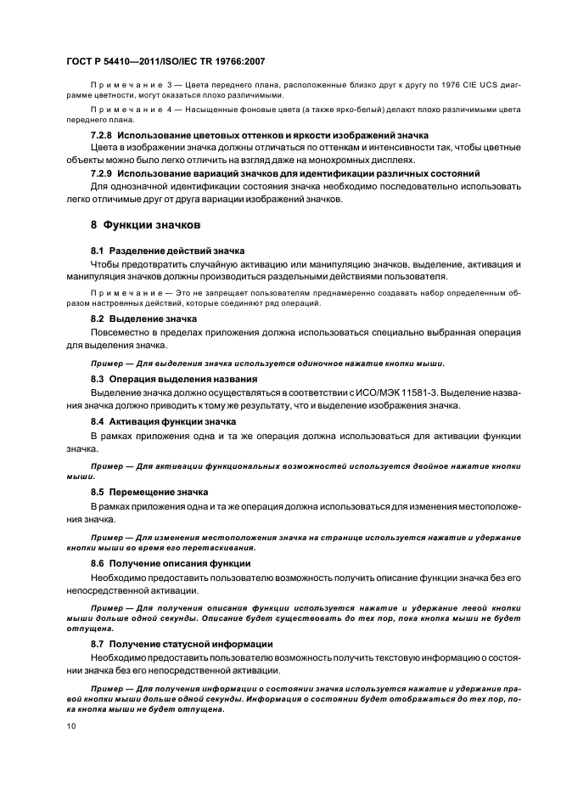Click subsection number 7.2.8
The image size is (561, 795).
[102, 136]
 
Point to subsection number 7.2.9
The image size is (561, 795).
[102, 172]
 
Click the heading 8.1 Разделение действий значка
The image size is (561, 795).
[167, 251]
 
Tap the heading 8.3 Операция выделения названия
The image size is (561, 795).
[174, 379]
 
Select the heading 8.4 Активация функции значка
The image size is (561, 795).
[163, 422]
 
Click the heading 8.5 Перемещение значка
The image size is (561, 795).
[149, 492]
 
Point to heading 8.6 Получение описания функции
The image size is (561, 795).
[171, 563]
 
